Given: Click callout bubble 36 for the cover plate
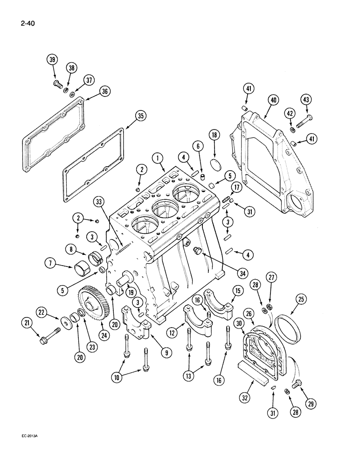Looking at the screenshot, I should pos(104,92).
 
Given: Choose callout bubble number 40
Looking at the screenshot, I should pos(273,99).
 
